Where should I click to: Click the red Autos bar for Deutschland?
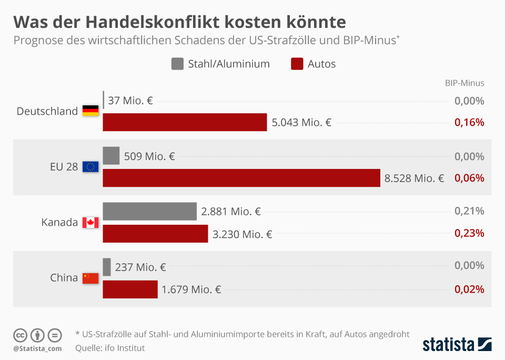coord(185,123)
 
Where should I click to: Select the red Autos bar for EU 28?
coord(241,178)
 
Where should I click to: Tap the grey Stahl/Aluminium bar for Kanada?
coord(149,212)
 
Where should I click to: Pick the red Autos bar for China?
coord(130,289)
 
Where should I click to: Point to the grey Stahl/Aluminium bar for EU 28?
coord(111,156)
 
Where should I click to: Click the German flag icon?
coord(90,111)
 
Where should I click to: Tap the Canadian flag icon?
coord(90,223)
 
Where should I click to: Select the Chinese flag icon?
coord(90,278)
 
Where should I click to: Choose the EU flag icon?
coord(90,167)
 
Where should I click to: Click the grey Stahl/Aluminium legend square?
coord(177,64)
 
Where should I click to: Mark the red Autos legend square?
coord(297,64)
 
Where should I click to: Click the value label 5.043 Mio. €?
coord(301,123)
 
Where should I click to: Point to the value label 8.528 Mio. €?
coord(415,178)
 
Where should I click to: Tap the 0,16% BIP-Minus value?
coord(469,123)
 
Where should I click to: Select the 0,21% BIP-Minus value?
coord(469,212)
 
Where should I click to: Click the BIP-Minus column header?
coord(464,83)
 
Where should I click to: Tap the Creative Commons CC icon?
coord(21,335)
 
